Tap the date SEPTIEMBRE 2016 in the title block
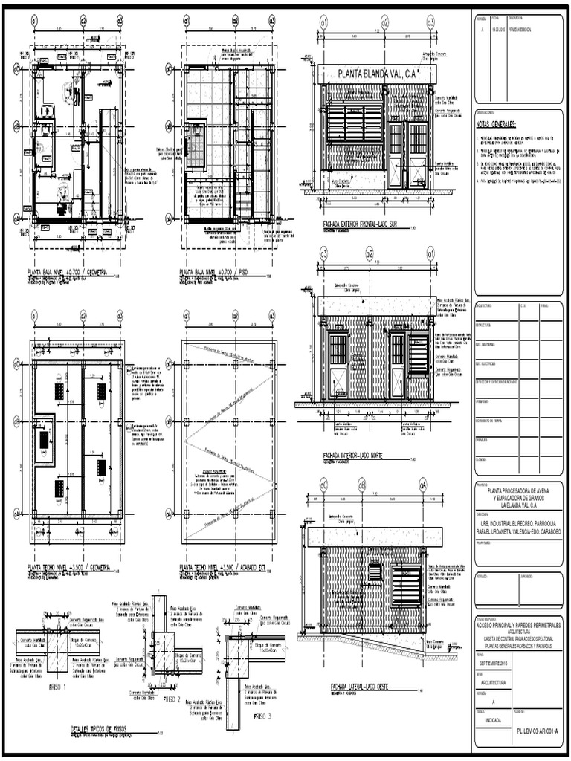click(495, 662)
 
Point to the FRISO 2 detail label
click(171, 699)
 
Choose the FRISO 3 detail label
click(262, 716)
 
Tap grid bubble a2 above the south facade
click(384, 24)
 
